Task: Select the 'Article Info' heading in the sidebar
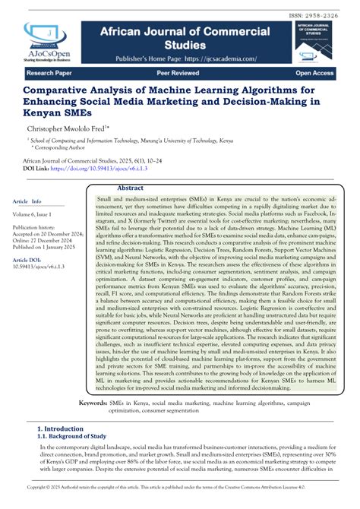click(27, 201)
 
